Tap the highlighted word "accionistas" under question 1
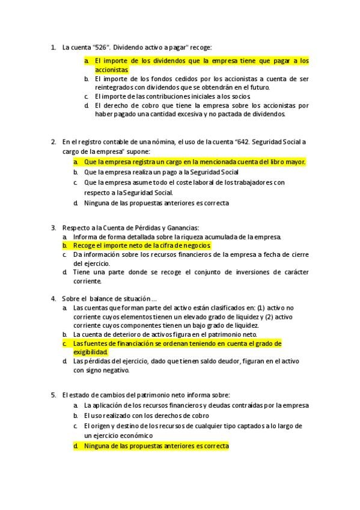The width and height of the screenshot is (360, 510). pyautogui.click(x=112, y=70)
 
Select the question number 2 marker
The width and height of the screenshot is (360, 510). pyautogui.click(x=53, y=142)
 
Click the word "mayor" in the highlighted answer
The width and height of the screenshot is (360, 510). pyautogui.click(x=295, y=162)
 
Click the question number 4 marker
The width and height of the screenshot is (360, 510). pyautogui.click(x=53, y=298)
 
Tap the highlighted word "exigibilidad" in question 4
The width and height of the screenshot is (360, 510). pyautogui.click(x=91, y=352)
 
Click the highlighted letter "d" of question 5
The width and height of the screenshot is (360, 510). pyautogui.click(x=76, y=446)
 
